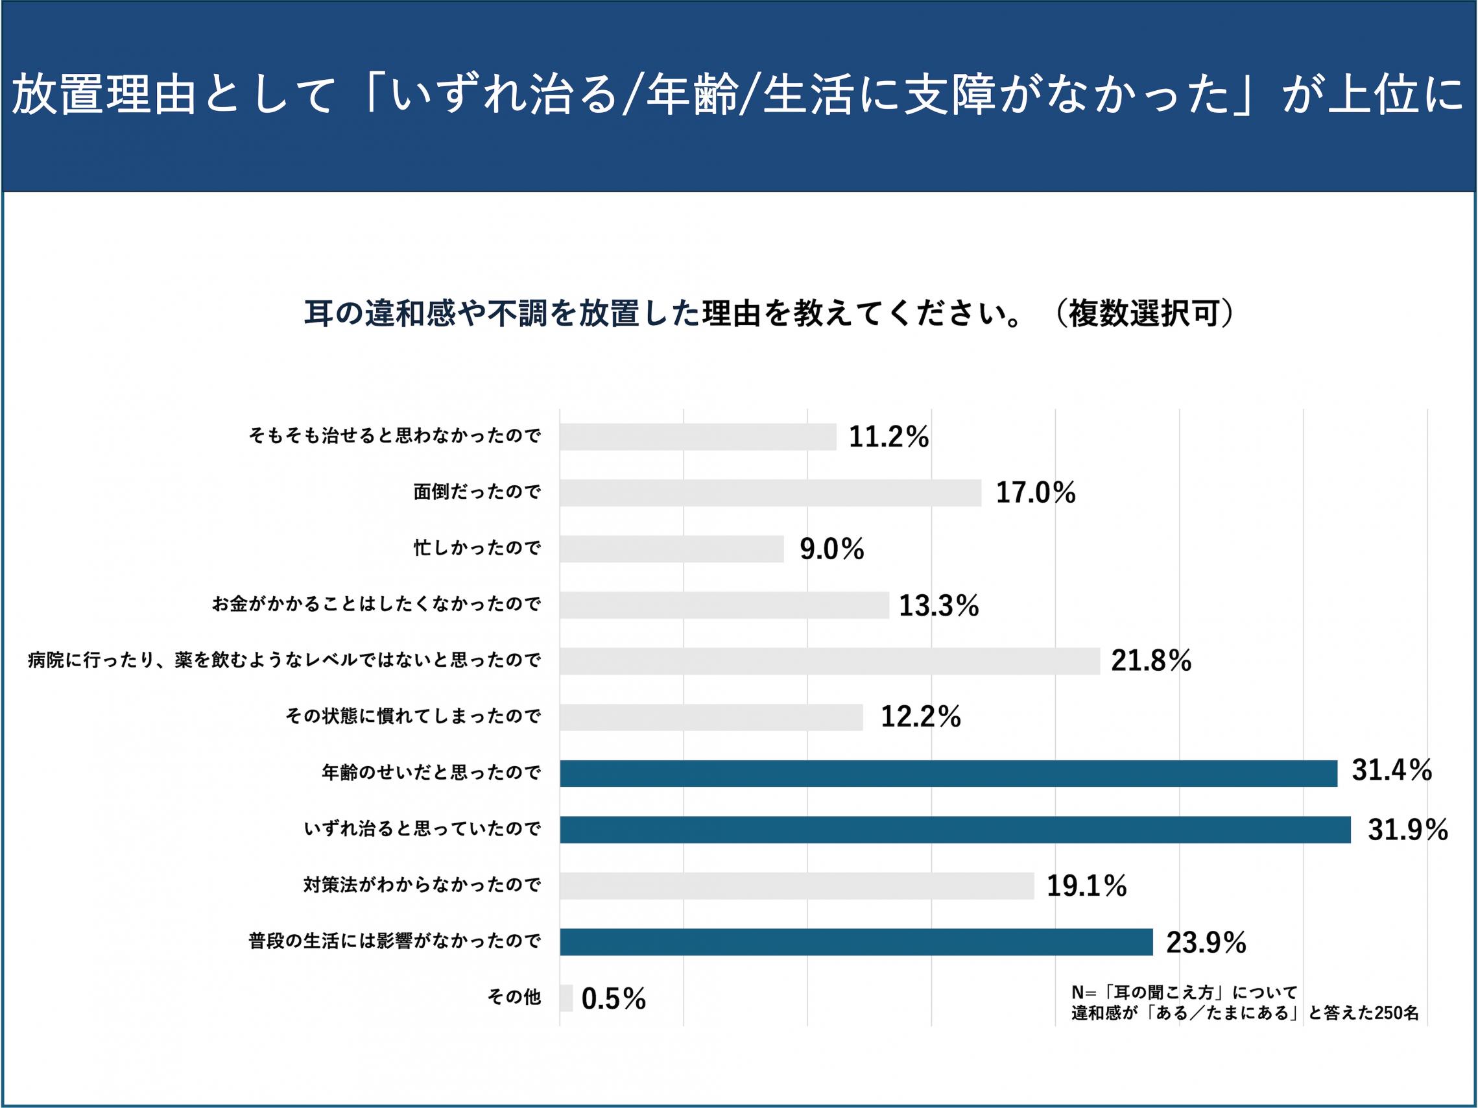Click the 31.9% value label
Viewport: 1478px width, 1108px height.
coord(1407,830)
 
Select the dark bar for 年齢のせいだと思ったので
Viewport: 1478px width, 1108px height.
coord(948,773)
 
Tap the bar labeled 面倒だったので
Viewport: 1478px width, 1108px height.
coord(770,492)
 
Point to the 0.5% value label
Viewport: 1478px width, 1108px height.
coord(614,999)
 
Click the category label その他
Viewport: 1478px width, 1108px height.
coord(514,998)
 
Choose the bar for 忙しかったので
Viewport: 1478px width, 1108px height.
coord(671,549)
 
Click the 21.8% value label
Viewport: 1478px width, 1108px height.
coord(1150,661)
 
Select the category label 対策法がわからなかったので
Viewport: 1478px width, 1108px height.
coord(422,885)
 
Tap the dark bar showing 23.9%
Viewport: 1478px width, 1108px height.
coord(856,941)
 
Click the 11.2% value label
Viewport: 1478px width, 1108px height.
coord(888,437)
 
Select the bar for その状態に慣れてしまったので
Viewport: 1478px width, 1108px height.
coord(711,717)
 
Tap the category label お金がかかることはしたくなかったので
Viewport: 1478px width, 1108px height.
coord(376,605)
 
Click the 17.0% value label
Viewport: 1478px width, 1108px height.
coord(1035,493)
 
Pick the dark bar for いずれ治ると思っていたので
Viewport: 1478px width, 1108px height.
coord(955,829)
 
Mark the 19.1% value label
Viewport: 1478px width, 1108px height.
coord(1086,886)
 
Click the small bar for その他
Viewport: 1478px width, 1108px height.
coord(566,998)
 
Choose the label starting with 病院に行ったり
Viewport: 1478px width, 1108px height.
coord(284,661)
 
